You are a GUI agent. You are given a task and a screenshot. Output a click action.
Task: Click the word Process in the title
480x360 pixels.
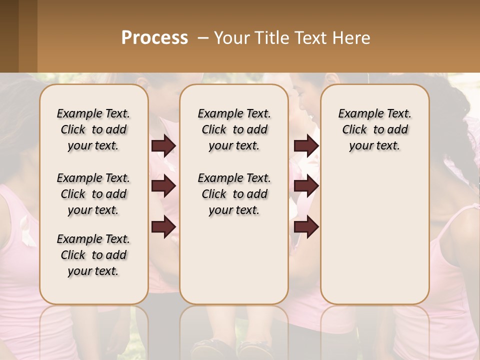154,37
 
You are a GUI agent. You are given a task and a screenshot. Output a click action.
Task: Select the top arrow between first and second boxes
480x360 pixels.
163,145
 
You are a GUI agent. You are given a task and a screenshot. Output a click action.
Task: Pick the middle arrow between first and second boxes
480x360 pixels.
163,186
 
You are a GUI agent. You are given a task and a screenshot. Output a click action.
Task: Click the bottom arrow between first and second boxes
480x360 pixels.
163,227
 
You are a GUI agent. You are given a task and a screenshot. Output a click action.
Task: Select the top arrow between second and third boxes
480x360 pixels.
306,145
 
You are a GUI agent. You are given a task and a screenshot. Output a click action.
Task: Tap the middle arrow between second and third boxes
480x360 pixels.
306,186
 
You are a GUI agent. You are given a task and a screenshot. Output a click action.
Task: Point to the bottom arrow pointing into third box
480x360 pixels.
306,227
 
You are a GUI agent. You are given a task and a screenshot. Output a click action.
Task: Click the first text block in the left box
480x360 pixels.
93,129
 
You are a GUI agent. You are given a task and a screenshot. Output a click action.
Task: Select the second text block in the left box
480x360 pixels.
93,194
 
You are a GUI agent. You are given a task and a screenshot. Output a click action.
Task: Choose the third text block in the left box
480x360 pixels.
93,255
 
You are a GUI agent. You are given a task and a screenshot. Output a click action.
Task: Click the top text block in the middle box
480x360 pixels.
234,129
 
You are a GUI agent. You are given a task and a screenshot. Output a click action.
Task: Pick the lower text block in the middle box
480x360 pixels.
234,194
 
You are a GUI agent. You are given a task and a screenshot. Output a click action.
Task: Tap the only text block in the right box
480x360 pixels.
374,129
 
